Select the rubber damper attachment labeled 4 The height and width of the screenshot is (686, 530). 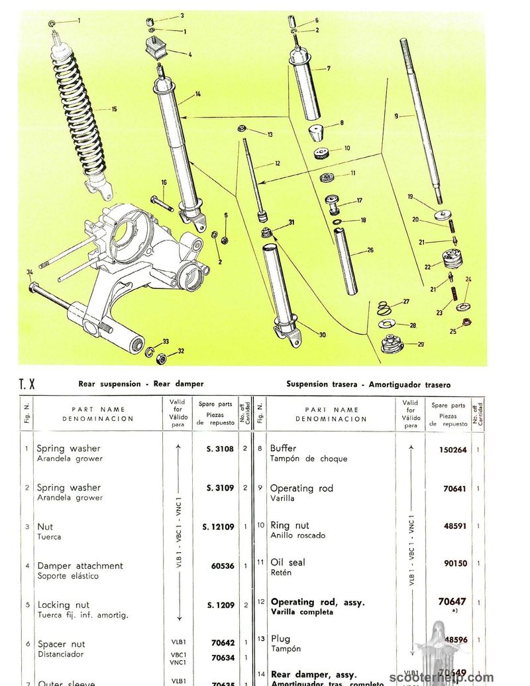[x=156, y=50]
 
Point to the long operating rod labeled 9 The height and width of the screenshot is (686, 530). [x=420, y=119]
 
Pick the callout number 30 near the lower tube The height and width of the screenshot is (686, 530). [x=322, y=335]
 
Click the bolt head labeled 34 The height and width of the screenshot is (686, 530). [x=32, y=288]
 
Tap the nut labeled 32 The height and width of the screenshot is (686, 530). [x=160, y=359]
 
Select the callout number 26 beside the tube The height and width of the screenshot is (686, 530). [x=370, y=250]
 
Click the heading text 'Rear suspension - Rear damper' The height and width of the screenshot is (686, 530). [x=141, y=384]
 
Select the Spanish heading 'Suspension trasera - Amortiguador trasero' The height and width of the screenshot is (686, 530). [x=368, y=384]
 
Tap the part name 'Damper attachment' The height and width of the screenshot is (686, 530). [x=79, y=566]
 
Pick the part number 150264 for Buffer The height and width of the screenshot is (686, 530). [x=452, y=449]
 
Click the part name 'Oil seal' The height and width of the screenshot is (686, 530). [x=288, y=562]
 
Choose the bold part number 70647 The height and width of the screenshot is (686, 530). [x=452, y=602]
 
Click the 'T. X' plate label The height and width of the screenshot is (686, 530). [x=27, y=384]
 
